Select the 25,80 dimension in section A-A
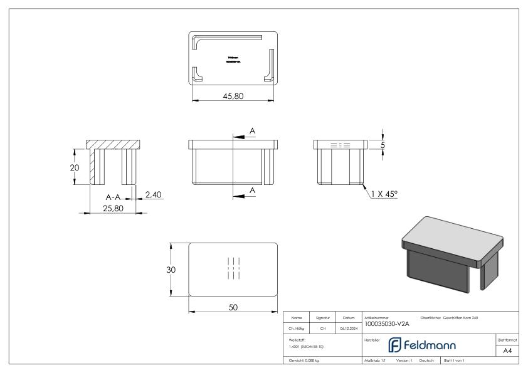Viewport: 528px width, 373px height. tap(113, 208)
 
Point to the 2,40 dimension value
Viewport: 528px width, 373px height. tap(154, 195)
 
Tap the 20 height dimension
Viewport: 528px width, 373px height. tap(73, 167)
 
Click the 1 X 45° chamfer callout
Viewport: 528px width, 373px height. tap(384, 194)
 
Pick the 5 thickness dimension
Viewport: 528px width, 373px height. tap(383, 145)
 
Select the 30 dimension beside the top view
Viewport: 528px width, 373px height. tap(171, 270)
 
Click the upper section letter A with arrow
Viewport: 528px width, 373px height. tap(252, 130)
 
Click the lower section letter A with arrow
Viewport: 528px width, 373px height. tap(252, 190)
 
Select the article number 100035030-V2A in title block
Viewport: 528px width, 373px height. tap(386, 324)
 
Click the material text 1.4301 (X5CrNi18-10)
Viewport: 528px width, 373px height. tap(307, 346)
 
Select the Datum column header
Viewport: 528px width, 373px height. tap(349, 318)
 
